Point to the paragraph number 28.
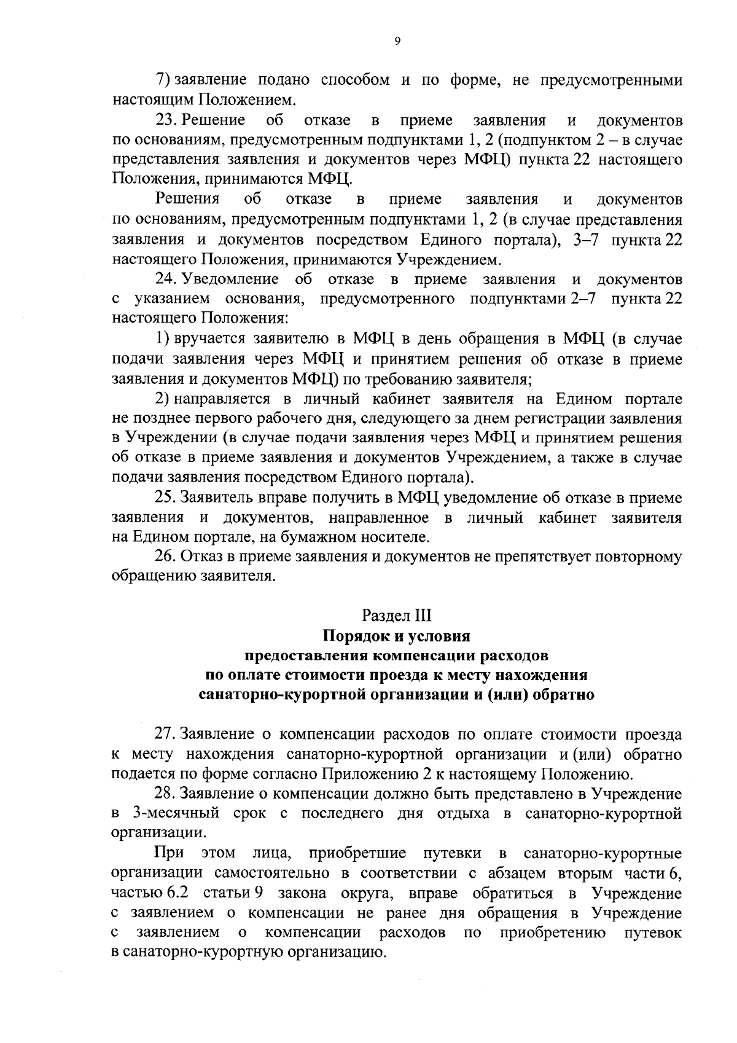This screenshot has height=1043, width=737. point(166,794)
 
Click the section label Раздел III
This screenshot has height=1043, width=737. point(397,615)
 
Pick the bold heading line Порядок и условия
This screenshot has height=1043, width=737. point(397,635)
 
